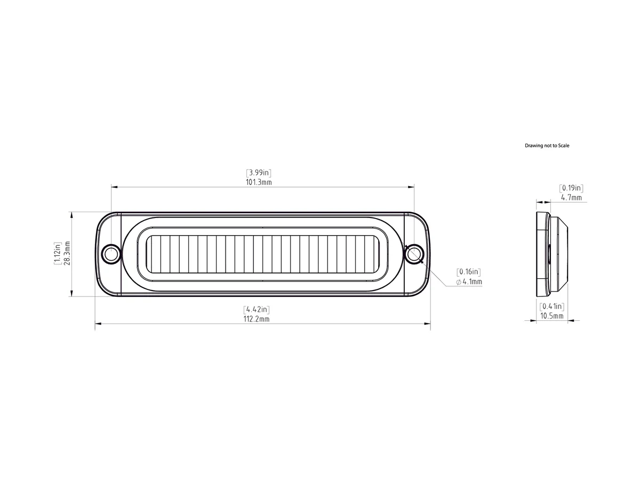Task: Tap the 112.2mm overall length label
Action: pyautogui.click(x=257, y=319)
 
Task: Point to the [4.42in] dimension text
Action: pyautogui.click(x=257, y=309)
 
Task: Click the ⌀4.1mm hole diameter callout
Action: pyautogui.click(x=469, y=281)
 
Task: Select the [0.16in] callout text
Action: pyautogui.click(x=469, y=272)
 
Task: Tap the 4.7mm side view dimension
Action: pyautogui.click(x=571, y=197)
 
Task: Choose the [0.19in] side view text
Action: pyautogui.click(x=571, y=188)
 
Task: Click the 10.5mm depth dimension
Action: pyautogui.click(x=552, y=316)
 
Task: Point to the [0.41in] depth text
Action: pyautogui.click(x=552, y=306)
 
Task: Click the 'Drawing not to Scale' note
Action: pyautogui.click(x=547, y=146)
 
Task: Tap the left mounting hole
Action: pyautogui.click(x=111, y=254)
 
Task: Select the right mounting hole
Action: pyautogui.click(x=413, y=254)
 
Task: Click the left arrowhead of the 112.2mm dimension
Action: pyautogui.click(x=98, y=323)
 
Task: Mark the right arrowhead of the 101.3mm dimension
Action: pyautogui.click(x=412, y=187)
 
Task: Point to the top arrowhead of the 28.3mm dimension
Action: pyautogui.click(x=72, y=214)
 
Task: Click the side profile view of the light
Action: pyautogui.click(x=551, y=254)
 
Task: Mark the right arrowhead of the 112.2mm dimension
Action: pyautogui.click(x=428, y=323)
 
